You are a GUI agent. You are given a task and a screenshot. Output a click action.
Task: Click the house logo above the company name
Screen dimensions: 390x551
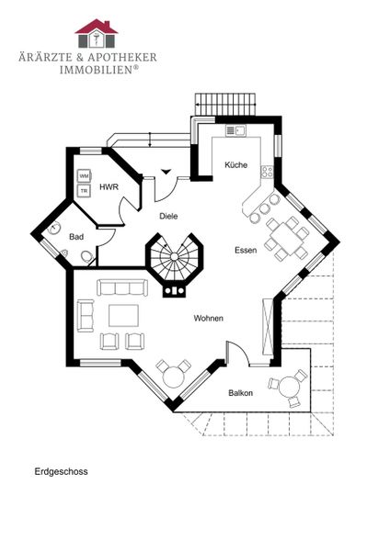coord(96,33)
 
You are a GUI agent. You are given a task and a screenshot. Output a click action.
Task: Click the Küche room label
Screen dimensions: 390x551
coord(235,164)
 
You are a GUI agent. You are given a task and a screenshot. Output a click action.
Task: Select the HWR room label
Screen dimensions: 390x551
coord(109,187)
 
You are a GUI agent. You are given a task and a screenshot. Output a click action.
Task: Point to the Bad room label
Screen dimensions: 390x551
coord(76,237)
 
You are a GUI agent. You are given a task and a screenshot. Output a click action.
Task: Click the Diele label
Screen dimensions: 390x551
coord(168,216)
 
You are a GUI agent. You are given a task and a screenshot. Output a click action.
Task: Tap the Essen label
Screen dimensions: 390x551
coord(246,250)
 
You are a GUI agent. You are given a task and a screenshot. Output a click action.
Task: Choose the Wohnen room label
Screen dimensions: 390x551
coord(209,319)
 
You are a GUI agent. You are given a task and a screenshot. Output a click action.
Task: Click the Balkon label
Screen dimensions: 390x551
coord(241,393)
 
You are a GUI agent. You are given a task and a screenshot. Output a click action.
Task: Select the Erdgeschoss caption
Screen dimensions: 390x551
coord(61,472)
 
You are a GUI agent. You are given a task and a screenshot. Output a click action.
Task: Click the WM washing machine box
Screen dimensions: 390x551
coord(84,176)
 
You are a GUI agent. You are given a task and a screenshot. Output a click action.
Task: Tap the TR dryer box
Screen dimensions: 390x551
coord(84,191)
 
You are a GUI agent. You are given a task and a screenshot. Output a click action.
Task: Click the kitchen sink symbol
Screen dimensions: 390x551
coord(235,130)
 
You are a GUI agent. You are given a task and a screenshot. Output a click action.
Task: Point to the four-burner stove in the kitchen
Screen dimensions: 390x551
coord(267,171)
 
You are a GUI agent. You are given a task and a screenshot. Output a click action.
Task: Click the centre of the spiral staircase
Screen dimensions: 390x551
coord(174,256)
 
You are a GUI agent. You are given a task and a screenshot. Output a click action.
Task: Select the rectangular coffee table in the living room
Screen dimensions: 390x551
coord(123,316)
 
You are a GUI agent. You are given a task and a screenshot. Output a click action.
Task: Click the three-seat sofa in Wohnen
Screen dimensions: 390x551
coord(122,287)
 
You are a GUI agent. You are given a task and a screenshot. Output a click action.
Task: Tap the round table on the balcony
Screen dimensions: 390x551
coord(290,387)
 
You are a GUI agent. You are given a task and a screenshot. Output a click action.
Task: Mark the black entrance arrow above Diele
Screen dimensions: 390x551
coord(166,172)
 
